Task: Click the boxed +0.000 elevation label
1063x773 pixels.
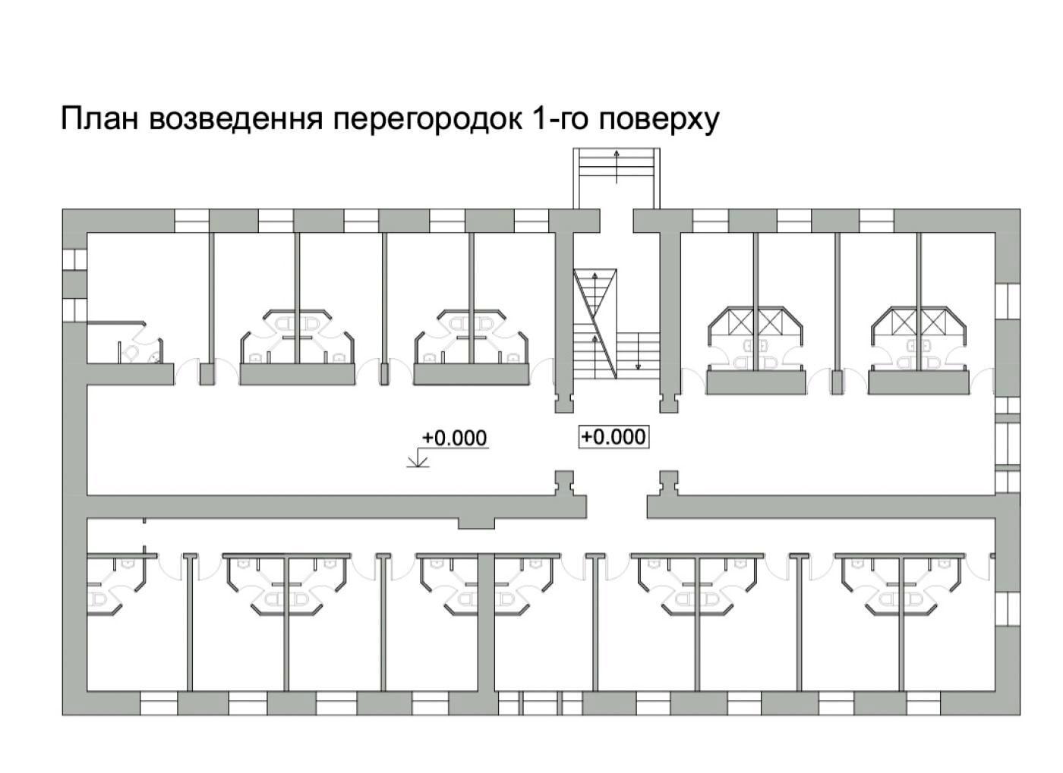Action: pyautogui.click(x=614, y=437)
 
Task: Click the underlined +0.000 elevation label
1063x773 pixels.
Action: pyautogui.click(x=454, y=438)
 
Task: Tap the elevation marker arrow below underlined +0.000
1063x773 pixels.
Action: pyautogui.click(x=417, y=460)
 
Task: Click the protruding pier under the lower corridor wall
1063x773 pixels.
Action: pyautogui.click(x=476, y=523)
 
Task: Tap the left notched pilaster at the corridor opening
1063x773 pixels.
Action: pyautogui.click(x=563, y=482)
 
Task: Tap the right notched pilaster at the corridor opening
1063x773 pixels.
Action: pyautogui.click(x=668, y=482)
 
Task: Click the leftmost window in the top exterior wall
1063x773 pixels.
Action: pyautogui.click(x=192, y=220)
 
